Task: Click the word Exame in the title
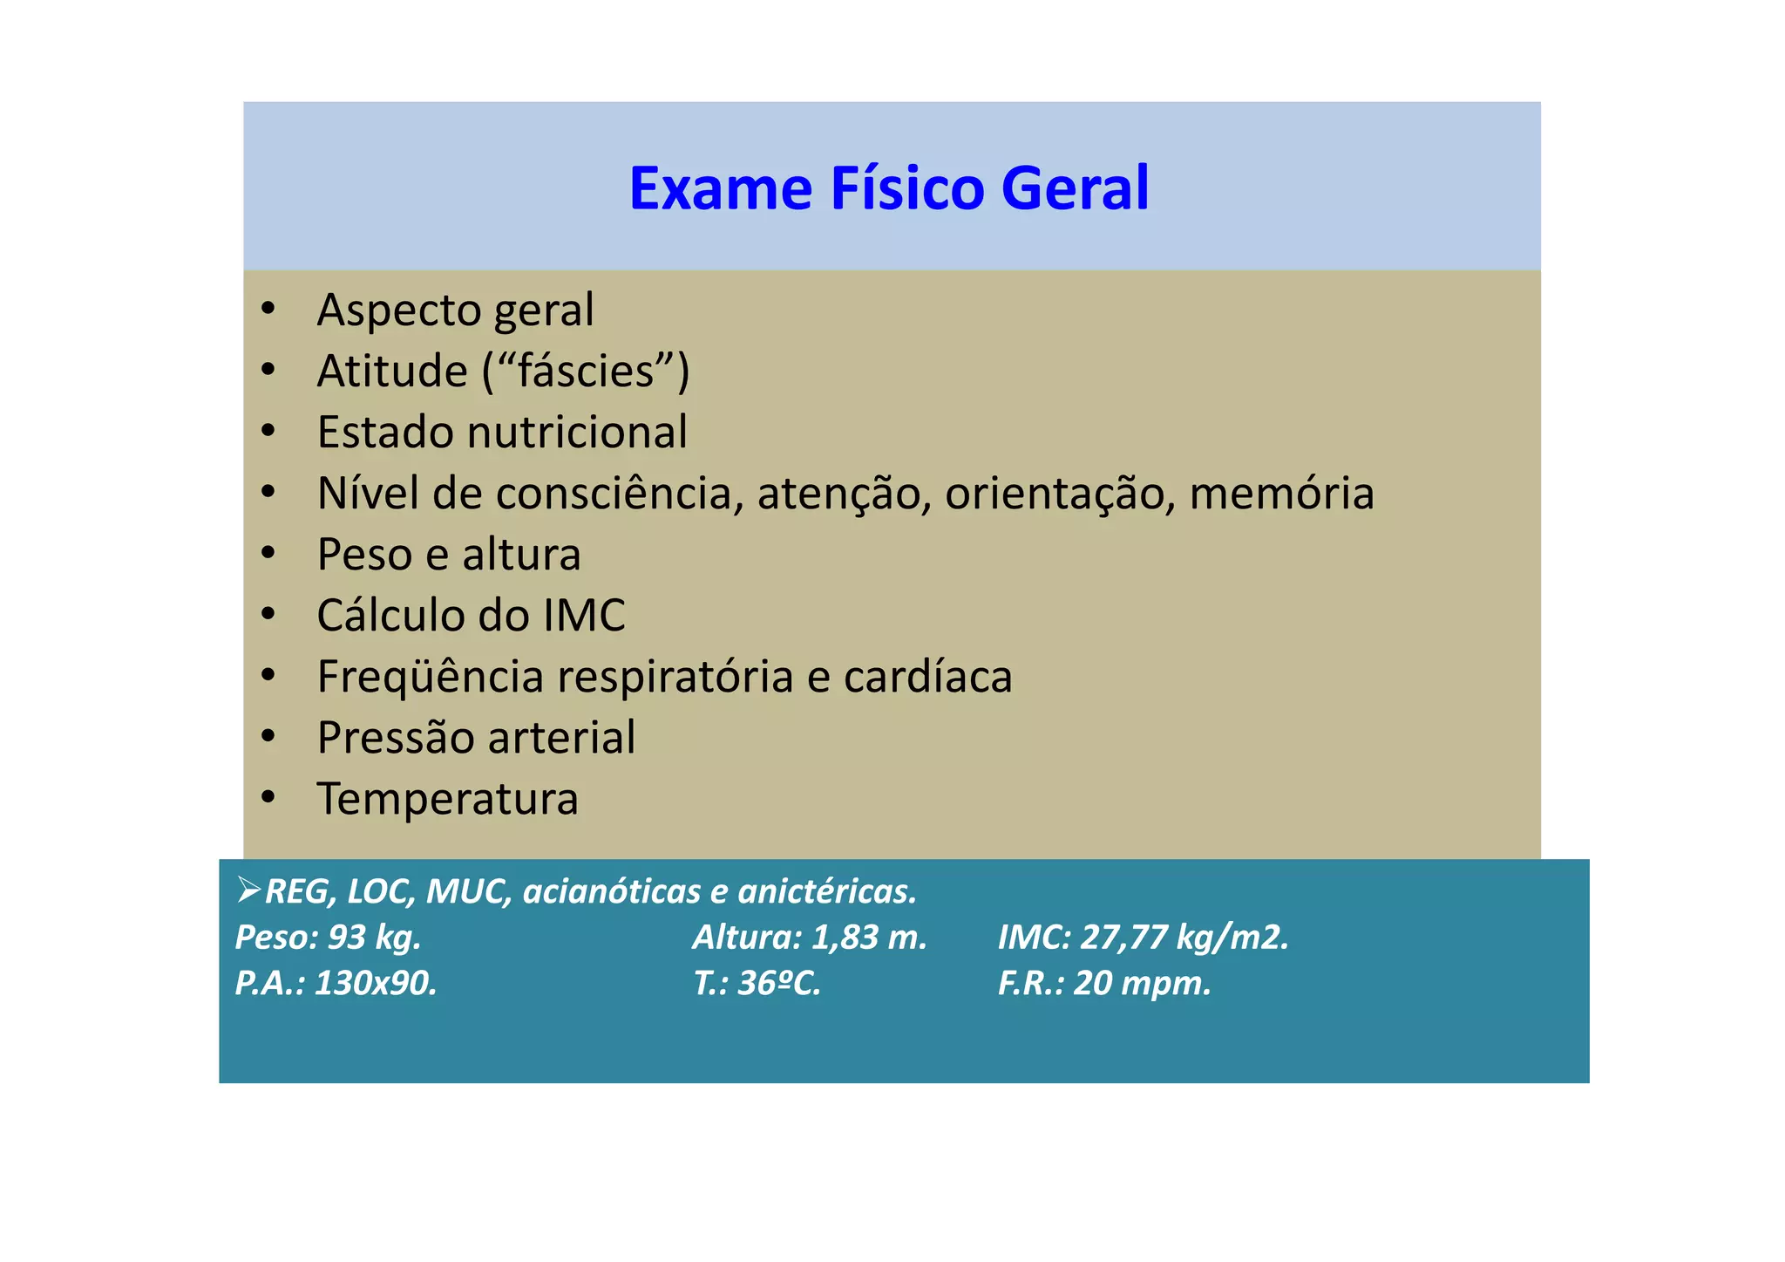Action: click(720, 188)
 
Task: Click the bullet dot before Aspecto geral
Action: click(268, 309)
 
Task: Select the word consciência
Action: click(620, 494)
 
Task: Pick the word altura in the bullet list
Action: click(521, 555)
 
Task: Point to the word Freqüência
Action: click(431, 677)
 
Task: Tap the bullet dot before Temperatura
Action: click(268, 797)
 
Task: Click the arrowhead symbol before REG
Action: click(248, 890)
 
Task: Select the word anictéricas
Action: click(826, 891)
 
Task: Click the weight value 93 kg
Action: click(375, 938)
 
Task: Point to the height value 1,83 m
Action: click(869, 938)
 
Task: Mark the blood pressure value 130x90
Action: click(375, 984)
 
